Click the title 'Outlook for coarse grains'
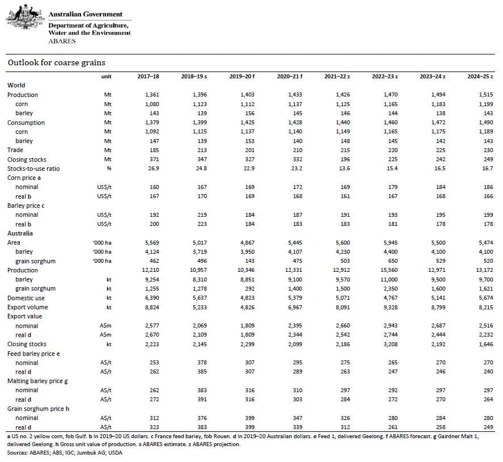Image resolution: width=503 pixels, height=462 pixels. [57, 62]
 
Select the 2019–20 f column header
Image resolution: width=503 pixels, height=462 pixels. [242, 77]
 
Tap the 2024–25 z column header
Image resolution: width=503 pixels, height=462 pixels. [480, 77]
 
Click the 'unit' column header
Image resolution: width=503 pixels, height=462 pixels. [106, 77]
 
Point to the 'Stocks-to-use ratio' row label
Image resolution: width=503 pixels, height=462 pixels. [33, 169]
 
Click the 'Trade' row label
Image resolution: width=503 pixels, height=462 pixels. [15, 150]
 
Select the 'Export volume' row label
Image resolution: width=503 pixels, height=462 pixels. [28, 307]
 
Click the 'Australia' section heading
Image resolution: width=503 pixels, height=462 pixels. [20, 233]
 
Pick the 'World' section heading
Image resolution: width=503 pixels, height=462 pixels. [16, 85]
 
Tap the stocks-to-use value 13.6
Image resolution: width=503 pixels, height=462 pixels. [344, 169]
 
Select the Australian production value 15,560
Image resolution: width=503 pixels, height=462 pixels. [389, 270]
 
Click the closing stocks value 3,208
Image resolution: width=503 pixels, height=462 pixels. [390, 344]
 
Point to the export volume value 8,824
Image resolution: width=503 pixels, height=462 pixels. [152, 307]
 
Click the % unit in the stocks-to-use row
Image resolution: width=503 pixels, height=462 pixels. [109, 169]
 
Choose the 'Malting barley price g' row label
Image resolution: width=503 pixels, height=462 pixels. [37, 381]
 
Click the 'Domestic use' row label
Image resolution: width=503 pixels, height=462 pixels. [26, 298]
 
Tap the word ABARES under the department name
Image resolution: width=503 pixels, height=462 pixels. [62, 41]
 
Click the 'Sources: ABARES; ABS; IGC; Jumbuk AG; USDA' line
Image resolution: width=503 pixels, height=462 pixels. [65, 453]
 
